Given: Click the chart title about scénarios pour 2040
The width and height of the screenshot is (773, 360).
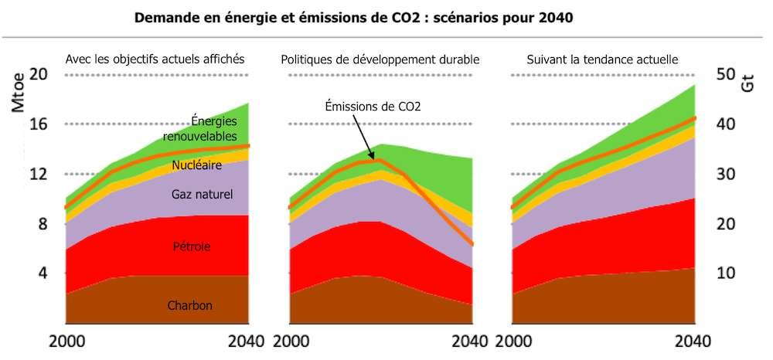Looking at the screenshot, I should (x=353, y=18).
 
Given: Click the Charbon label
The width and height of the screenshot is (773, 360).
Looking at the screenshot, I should (x=189, y=305).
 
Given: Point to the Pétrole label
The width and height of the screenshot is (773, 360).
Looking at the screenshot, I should (x=191, y=247).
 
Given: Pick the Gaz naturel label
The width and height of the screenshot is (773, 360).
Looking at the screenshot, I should (x=202, y=194).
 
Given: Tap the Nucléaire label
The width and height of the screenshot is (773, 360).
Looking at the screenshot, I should (x=197, y=165).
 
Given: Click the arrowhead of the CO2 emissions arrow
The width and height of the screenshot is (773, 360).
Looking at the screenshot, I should (x=380, y=158).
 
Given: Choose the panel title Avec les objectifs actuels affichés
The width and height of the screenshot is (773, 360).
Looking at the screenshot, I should (x=155, y=59).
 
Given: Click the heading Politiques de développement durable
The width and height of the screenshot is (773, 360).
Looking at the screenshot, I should (x=380, y=59).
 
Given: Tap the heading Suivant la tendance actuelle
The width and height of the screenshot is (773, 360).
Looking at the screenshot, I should (x=602, y=59).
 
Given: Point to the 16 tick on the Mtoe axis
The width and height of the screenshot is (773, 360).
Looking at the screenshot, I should (x=38, y=124).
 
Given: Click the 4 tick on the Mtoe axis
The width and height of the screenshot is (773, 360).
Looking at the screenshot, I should (x=43, y=273).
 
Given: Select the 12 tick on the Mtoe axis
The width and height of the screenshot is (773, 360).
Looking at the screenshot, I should (x=38, y=174).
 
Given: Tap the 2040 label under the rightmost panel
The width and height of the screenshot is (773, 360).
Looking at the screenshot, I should (x=693, y=341).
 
